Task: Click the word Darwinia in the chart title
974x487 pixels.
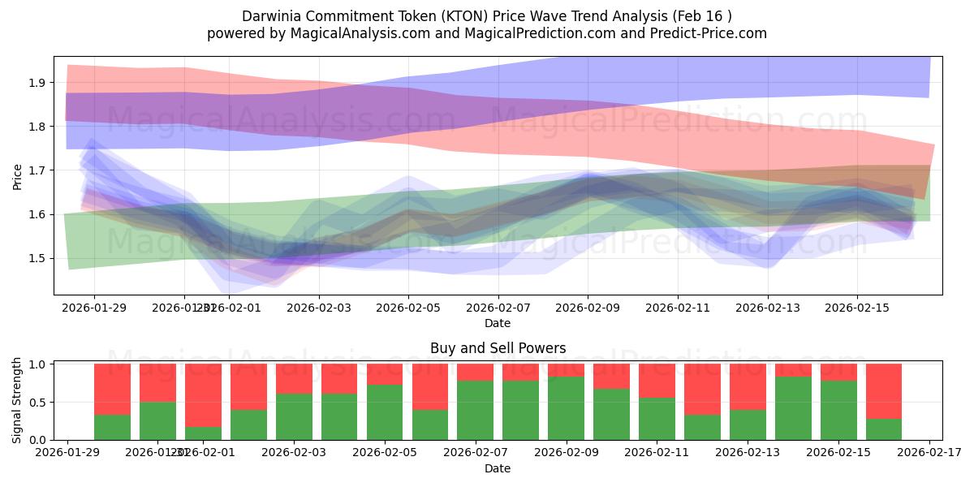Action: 270,16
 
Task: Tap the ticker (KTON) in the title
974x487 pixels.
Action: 456,16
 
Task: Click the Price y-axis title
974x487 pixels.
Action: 18,175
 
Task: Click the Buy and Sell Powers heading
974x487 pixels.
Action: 498,349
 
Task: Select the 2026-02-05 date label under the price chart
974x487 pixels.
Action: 408,308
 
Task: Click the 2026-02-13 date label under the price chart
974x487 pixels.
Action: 767,308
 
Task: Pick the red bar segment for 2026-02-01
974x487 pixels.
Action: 203,394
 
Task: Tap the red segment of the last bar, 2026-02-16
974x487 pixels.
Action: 884,391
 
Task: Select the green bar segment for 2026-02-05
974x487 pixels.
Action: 385,412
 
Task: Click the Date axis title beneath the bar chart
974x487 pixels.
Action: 498,468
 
